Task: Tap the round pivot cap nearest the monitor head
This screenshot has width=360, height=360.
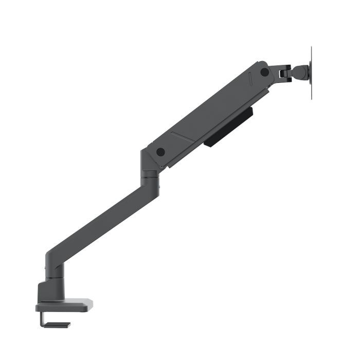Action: coord(264,72)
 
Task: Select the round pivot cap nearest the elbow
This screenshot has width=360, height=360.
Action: coord(160,152)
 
